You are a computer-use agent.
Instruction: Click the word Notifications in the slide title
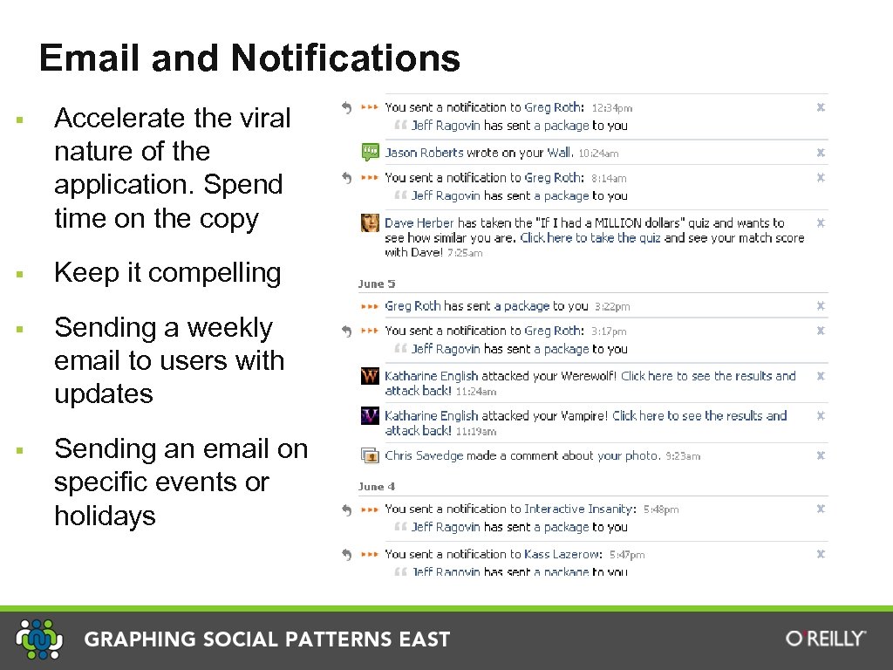point(345,58)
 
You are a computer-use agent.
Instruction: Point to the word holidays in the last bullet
point(105,516)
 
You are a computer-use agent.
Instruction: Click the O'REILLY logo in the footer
point(826,639)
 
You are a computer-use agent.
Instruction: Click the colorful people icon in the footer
point(39,639)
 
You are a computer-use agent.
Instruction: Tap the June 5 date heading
point(377,284)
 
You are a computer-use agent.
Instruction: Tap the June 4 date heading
point(377,487)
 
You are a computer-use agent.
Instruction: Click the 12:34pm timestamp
point(612,108)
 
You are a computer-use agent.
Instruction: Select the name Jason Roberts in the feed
point(425,153)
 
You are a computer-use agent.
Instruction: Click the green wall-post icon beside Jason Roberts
point(370,153)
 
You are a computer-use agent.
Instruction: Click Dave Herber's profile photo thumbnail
point(370,222)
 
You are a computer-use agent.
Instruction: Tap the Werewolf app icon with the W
point(370,376)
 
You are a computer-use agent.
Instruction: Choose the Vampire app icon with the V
point(370,416)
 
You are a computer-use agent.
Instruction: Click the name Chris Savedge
point(424,455)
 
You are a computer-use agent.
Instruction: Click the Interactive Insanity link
point(579,509)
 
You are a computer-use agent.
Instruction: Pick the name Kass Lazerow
point(562,554)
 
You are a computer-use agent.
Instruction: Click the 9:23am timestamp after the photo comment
point(683,456)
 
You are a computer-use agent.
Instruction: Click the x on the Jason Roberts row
point(820,153)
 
